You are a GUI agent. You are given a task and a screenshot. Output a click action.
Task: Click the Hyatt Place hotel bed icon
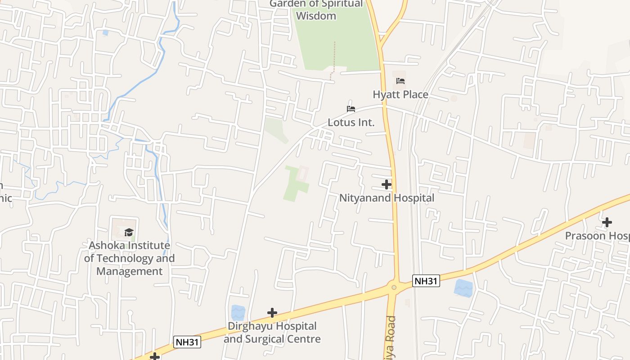pyautogui.click(x=400, y=81)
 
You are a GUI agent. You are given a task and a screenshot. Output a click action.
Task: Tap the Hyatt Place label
pyautogui.click(x=400, y=94)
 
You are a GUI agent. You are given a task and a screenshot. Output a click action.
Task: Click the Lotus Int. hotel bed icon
pyautogui.click(x=351, y=109)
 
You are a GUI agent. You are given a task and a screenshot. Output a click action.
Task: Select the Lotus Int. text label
pyautogui.click(x=351, y=122)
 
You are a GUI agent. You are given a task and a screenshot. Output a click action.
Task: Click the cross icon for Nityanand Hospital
pyautogui.click(x=387, y=184)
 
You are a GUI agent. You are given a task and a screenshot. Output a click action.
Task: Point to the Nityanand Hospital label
pyautogui.click(x=387, y=198)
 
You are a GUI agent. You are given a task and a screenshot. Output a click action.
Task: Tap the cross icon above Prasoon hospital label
pyautogui.click(x=607, y=222)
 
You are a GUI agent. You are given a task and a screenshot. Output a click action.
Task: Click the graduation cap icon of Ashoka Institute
pyautogui.click(x=129, y=232)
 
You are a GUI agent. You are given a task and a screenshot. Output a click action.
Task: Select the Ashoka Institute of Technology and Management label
pyautogui.click(x=130, y=258)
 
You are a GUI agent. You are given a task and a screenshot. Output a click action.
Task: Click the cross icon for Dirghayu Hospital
pyautogui.click(x=272, y=313)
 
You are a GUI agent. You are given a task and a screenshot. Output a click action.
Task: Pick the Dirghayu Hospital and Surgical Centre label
pyautogui.click(x=272, y=333)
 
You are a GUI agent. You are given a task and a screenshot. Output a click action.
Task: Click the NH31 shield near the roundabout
pyautogui.click(x=426, y=281)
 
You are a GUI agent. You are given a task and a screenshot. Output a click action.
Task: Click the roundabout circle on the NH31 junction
pyautogui.click(x=394, y=287)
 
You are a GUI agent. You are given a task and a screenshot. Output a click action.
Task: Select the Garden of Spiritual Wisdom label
pyautogui.click(x=316, y=10)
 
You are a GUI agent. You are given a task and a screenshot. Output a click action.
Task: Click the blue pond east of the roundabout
pyautogui.click(x=463, y=288)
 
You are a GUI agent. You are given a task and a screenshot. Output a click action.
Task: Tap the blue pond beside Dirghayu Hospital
pyautogui.click(x=238, y=313)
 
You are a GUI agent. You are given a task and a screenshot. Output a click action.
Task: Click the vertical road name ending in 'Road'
pyautogui.click(x=391, y=337)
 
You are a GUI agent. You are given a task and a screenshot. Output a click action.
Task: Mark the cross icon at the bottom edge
pyautogui.click(x=155, y=357)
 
